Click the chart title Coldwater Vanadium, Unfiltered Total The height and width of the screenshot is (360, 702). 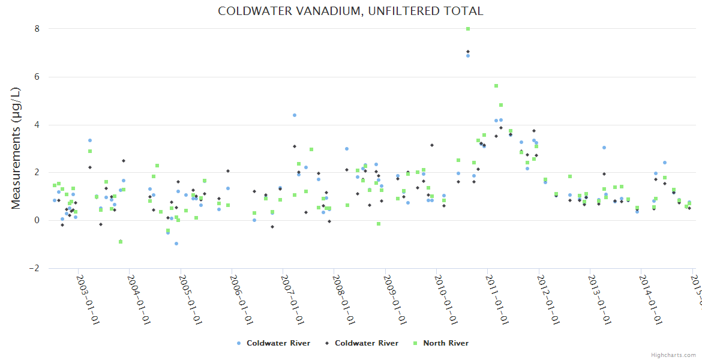pos(350,11)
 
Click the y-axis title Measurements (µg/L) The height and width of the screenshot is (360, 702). pos(16,148)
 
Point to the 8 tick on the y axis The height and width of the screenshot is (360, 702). pos(37,29)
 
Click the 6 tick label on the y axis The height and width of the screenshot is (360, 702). pos(37,77)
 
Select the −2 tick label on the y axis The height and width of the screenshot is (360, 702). pos(35,268)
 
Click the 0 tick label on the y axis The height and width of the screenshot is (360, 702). pos(37,220)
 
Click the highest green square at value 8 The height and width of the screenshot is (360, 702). pos(468,29)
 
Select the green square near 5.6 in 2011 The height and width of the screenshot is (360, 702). pos(496,86)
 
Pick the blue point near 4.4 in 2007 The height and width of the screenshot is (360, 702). pos(295,115)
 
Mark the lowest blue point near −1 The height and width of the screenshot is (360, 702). pos(176,244)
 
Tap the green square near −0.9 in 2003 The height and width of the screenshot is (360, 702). pos(121,242)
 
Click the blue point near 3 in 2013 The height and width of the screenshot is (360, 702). pos(604,148)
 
